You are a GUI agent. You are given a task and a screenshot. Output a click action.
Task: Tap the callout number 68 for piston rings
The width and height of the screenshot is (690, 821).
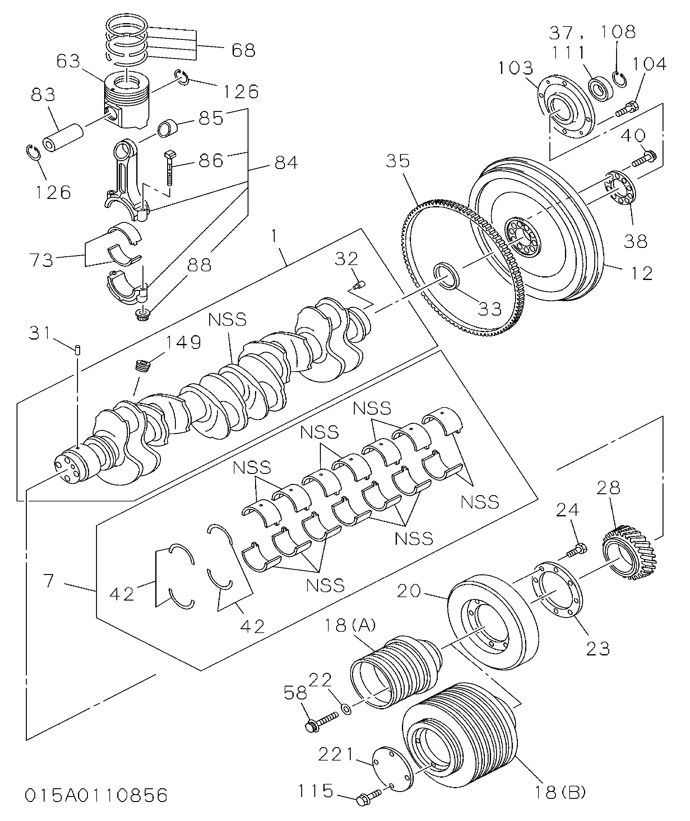(243, 50)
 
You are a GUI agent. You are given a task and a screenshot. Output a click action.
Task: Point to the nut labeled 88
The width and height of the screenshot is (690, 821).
(141, 314)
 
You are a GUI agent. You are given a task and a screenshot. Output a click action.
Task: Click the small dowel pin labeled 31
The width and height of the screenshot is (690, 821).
(77, 349)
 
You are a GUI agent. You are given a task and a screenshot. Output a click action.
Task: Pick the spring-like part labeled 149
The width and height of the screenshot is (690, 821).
(143, 366)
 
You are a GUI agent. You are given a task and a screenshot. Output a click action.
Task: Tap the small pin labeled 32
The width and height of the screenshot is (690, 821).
(358, 285)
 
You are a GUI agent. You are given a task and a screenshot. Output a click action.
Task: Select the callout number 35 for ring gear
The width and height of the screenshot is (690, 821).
(398, 161)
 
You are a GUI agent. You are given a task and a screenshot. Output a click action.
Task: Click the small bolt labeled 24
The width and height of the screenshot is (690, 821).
(577, 551)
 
